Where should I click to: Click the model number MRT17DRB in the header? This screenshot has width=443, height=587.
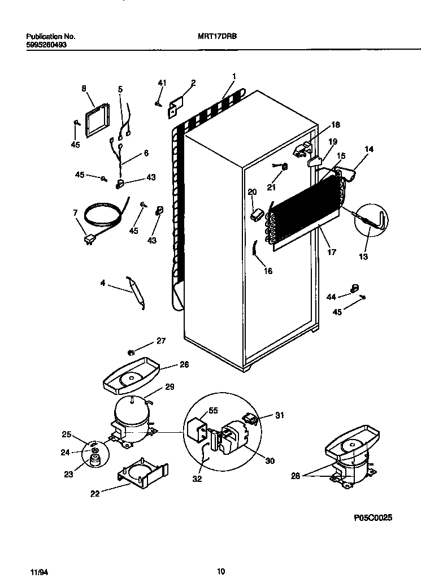(x=218, y=36)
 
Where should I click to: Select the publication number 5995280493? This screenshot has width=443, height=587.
(x=47, y=45)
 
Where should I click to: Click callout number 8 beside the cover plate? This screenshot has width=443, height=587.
(x=84, y=88)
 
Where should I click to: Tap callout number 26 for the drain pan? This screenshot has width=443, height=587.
(x=184, y=364)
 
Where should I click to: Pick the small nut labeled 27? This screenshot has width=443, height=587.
(x=131, y=353)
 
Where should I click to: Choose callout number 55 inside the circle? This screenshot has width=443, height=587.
(x=213, y=411)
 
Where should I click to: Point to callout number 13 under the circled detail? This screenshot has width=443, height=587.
(x=363, y=256)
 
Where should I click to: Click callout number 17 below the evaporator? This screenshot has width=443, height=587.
(x=332, y=252)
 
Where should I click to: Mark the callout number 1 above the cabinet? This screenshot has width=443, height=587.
(x=233, y=76)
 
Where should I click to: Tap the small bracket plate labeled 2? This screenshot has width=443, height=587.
(x=175, y=107)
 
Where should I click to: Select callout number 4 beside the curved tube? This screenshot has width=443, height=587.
(x=103, y=282)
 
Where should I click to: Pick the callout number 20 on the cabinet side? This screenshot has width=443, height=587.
(x=251, y=192)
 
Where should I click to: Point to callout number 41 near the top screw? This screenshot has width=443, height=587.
(x=162, y=84)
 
